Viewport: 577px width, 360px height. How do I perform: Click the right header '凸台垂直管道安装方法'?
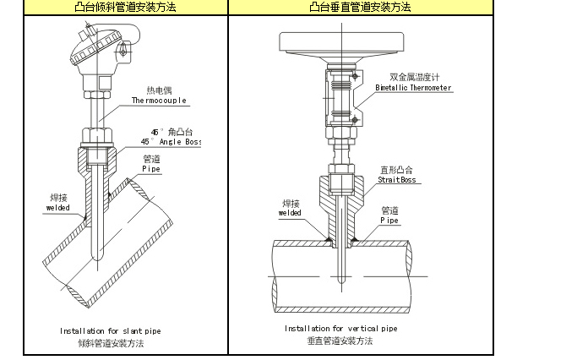359,8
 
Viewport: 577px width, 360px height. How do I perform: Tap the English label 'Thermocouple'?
159,100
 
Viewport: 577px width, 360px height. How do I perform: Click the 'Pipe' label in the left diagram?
151,169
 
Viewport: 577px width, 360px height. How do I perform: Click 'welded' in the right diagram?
290,213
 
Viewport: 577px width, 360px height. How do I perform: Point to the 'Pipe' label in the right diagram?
389,220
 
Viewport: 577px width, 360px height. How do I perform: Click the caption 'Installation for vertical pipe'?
340,328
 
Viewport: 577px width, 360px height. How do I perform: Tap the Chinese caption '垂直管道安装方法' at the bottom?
340,341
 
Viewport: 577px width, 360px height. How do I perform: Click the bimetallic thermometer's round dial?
342,43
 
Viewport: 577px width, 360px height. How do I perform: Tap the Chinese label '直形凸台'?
396,169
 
